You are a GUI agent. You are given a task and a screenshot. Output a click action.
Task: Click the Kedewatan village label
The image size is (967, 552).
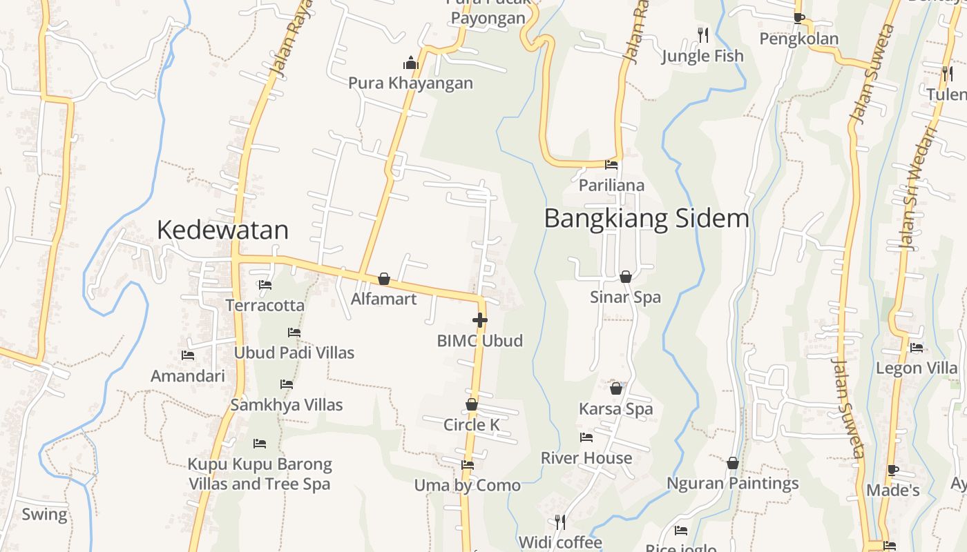pyautogui.click(x=222, y=230)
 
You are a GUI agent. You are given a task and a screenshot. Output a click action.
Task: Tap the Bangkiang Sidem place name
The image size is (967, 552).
pyautogui.click(x=647, y=219)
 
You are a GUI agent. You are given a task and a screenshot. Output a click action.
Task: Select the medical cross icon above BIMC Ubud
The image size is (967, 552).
pyautogui.click(x=480, y=320)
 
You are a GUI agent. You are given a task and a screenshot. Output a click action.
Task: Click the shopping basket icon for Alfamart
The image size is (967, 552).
pyautogui.click(x=384, y=279)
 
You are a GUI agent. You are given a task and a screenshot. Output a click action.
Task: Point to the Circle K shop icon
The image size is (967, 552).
pyautogui.click(x=472, y=404)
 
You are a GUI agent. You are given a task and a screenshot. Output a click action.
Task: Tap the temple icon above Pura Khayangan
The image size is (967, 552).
pyautogui.click(x=411, y=63)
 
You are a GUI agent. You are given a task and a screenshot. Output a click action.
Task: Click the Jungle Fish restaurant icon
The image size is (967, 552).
pyautogui.click(x=702, y=34)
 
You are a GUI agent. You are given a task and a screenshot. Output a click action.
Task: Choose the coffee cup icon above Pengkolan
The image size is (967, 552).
pyautogui.click(x=799, y=18)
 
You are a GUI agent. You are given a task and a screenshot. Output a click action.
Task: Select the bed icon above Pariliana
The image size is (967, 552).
pyautogui.click(x=611, y=165)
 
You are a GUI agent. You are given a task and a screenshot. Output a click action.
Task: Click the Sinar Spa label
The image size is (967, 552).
pyautogui.click(x=625, y=297)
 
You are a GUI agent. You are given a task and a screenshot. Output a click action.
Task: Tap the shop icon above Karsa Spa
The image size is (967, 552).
pyautogui.click(x=615, y=389)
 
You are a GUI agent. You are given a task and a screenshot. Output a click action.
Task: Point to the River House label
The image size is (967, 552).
pyautogui.click(x=586, y=458)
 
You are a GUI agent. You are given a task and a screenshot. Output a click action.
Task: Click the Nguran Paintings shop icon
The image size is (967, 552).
pyautogui.click(x=732, y=463)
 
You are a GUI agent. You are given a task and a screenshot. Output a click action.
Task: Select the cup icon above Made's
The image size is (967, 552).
pyautogui.click(x=892, y=471)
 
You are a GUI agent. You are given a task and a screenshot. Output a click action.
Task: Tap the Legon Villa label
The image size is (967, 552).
pyautogui.click(x=917, y=368)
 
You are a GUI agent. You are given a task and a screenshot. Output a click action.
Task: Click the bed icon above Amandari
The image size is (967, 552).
pyautogui.click(x=187, y=355)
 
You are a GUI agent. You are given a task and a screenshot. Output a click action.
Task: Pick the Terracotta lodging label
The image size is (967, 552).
pyautogui.click(x=265, y=305)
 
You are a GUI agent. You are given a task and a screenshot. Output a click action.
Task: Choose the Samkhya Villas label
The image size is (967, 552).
pyautogui.click(x=287, y=405)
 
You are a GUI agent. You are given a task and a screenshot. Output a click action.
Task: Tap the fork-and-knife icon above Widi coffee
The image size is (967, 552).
pyautogui.click(x=560, y=522)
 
